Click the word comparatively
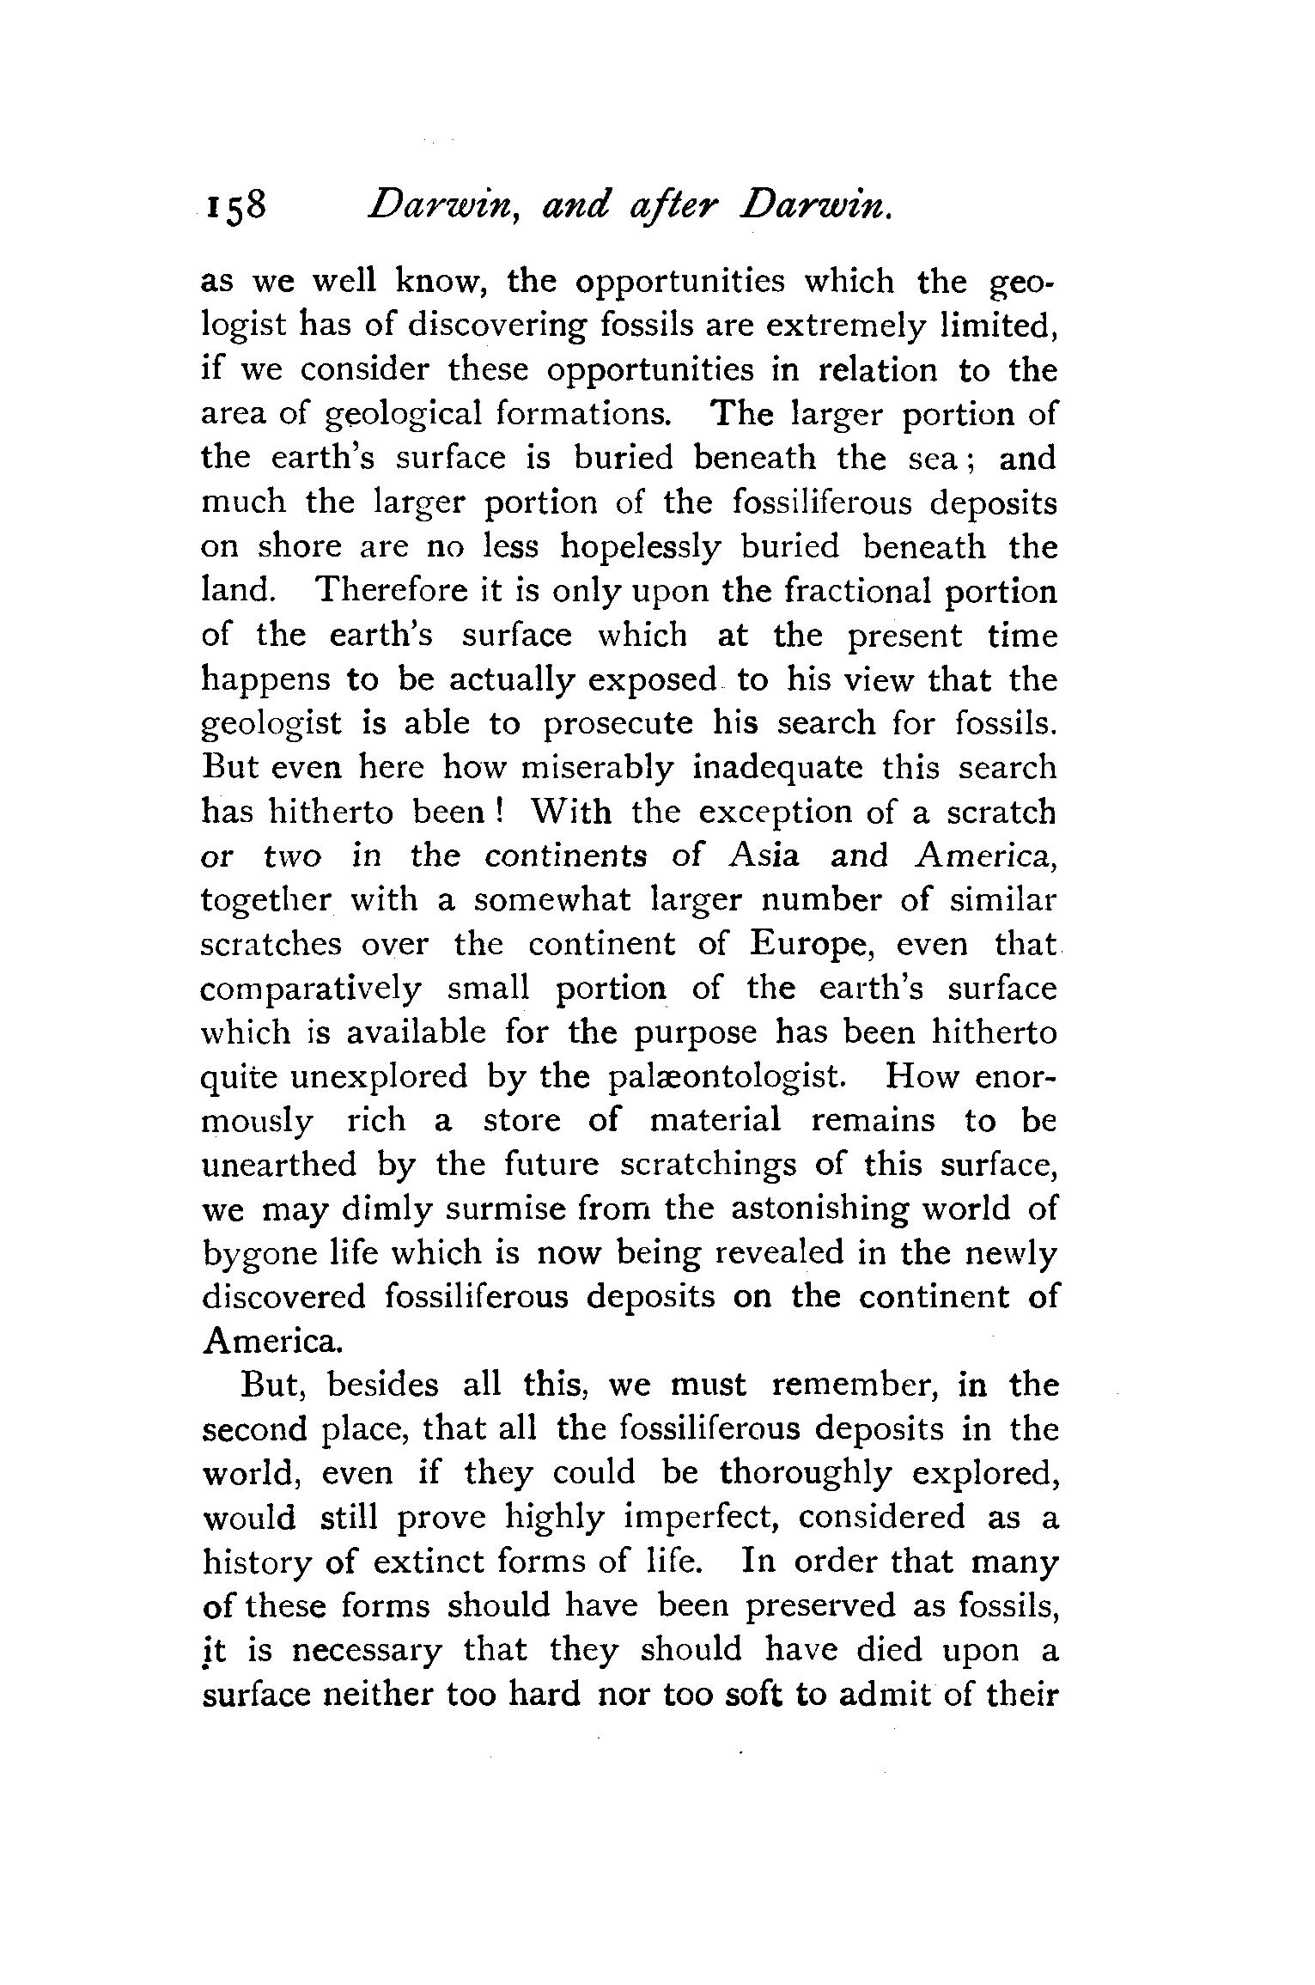311,989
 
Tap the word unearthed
279,1165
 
